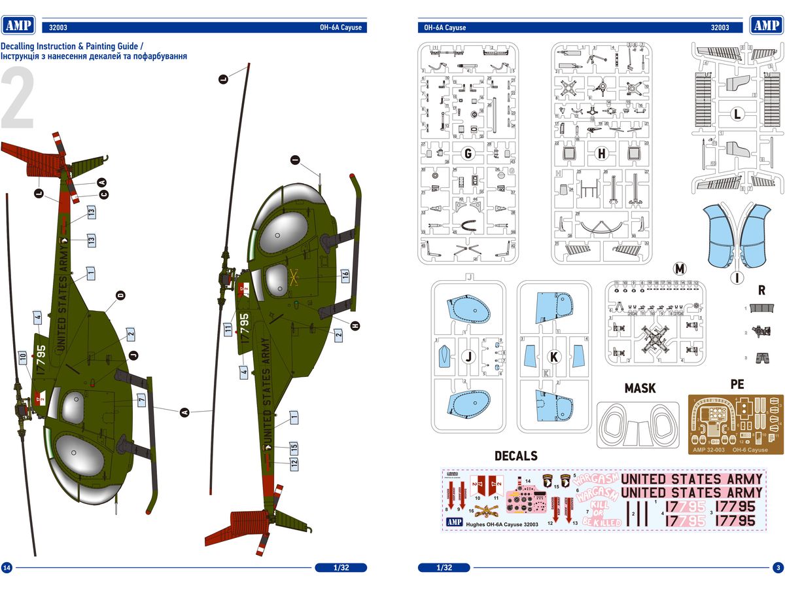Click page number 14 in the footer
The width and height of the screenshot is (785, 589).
(7, 567)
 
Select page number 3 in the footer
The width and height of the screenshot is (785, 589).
(777, 567)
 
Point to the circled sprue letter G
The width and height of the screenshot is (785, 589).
(468, 154)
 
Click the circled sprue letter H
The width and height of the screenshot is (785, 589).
(602, 154)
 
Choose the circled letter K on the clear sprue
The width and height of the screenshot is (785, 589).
(555, 357)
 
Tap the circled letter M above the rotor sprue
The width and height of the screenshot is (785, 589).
(680, 269)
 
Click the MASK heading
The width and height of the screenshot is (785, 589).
(640, 388)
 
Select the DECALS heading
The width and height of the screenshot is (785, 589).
(515, 455)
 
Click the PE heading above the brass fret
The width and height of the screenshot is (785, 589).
(737, 384)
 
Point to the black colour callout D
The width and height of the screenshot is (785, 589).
(120, 296)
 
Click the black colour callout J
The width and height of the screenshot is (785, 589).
(134, 355)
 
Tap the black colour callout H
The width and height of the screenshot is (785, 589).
(355, 325)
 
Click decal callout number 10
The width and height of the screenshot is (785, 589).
(22, 357)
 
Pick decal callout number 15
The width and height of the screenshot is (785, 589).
(294, 448)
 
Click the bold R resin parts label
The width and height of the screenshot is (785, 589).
(761, 289)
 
